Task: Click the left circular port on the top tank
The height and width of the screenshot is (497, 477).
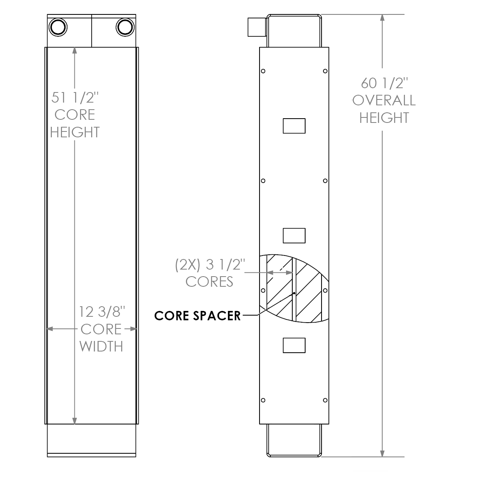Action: [x=58, y=27]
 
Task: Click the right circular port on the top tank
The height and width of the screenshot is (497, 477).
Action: [x=125, y=27]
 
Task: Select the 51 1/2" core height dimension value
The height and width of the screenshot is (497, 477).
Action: [x=75, y=97]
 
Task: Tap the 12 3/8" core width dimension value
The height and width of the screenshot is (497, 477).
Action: [x=102, y=312]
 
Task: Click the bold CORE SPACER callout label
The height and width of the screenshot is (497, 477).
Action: [x=197, y=315]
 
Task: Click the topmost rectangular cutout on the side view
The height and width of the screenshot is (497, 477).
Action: [x=294, y=126]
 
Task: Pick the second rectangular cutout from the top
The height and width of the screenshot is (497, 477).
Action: [x=294, y=236]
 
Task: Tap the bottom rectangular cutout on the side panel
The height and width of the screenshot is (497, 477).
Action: [x=294, y=345]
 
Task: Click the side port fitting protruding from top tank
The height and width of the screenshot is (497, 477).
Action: [x=256, y=27]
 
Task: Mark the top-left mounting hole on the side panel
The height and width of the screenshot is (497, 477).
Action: [x=263, y=71]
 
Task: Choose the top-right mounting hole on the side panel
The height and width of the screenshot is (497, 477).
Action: [x=325, y=71]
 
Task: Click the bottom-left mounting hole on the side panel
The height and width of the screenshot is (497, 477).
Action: [x=263, y=400]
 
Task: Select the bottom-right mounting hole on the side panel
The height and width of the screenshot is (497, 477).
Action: [x=325, y=400]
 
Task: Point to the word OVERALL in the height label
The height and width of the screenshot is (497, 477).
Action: [x=384, y=100]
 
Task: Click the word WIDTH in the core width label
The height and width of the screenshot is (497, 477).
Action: [x=101, y=346]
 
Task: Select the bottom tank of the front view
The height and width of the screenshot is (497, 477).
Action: [x=92, y=440]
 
